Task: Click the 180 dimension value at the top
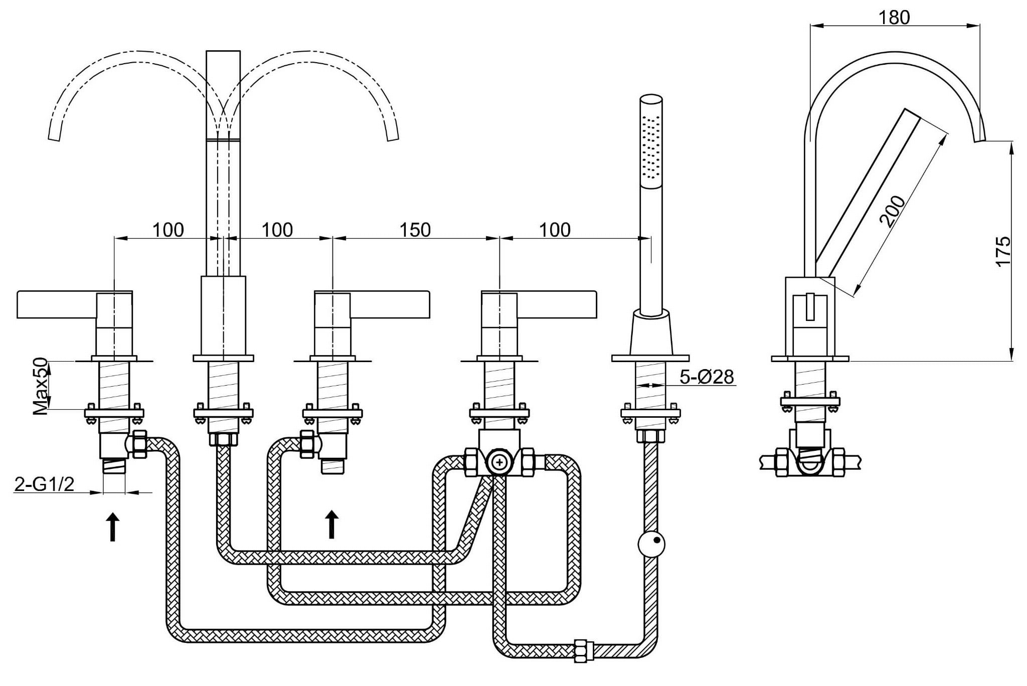894,18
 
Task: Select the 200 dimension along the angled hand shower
893,211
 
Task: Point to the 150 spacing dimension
415,230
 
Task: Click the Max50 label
41,386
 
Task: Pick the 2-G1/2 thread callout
45,484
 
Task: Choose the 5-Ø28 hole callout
707,377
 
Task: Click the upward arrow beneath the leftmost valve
113,527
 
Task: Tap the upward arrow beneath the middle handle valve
331,524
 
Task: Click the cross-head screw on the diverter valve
499,461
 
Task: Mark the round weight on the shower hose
651,543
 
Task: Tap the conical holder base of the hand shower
651,334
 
